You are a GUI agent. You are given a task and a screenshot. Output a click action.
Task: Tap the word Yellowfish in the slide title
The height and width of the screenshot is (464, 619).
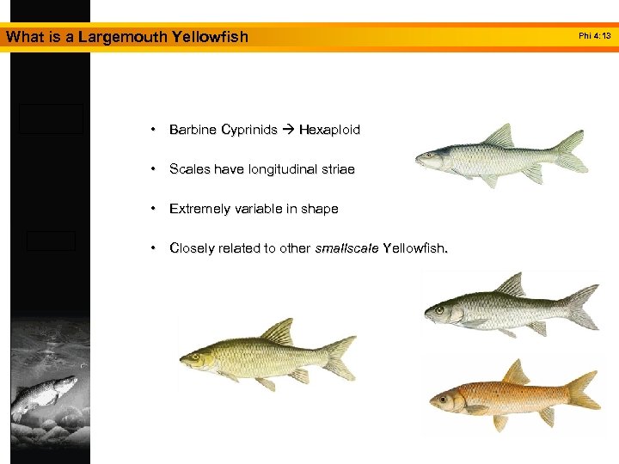click(210, 37)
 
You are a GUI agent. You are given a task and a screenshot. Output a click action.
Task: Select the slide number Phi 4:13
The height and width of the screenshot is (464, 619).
click(595, 36)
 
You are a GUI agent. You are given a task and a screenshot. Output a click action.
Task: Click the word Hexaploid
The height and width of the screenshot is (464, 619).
click(329, 131)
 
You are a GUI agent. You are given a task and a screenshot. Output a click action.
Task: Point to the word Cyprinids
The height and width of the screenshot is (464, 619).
click(249, 131)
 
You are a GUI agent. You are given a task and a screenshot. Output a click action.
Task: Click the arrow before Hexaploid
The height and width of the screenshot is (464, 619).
click(288, 131)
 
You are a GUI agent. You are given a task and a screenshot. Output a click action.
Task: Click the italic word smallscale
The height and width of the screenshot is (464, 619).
click(346, 249)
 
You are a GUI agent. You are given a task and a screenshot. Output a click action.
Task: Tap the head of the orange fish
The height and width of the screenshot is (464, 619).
click(448, 399)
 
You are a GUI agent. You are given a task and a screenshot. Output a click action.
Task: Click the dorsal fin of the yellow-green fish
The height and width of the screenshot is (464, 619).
click(278, 331)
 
